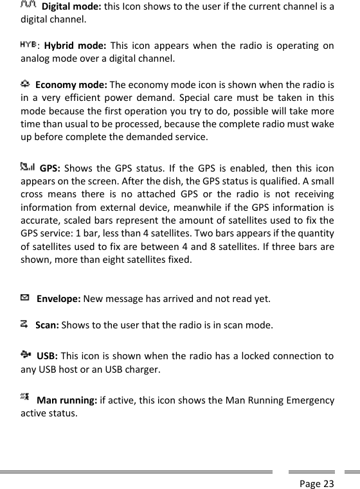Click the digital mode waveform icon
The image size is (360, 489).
[29, 6]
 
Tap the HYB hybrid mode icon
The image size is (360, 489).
[28, 44]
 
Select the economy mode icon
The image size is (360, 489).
[24, 84]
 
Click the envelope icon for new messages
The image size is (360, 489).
[24, 298]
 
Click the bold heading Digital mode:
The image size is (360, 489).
[71, 7]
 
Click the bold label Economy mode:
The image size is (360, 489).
[72, 85]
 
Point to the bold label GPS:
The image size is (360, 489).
[50, 170]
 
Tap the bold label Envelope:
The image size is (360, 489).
[59, 299]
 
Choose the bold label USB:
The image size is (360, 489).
[48, 356]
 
